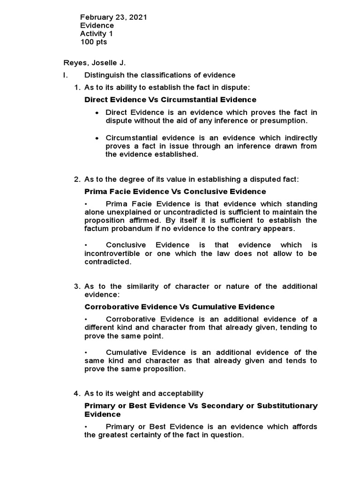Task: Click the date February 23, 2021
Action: point(113,17)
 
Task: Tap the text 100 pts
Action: point(93,42)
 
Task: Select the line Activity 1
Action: point(96,34)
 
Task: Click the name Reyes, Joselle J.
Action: point(95,63)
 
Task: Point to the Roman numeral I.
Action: point(66,75)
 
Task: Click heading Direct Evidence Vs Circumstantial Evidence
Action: point(170,99)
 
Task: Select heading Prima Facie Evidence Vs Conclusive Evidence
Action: point(175,191)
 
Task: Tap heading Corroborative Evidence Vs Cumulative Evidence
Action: point(179,307)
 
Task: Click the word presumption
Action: point(285,120)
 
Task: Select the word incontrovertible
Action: point(113,254)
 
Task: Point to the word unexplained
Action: point(131,212)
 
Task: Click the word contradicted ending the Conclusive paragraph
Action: point(107,262)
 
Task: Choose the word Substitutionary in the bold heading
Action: point(287,405)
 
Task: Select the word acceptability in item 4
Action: point(180,393)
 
